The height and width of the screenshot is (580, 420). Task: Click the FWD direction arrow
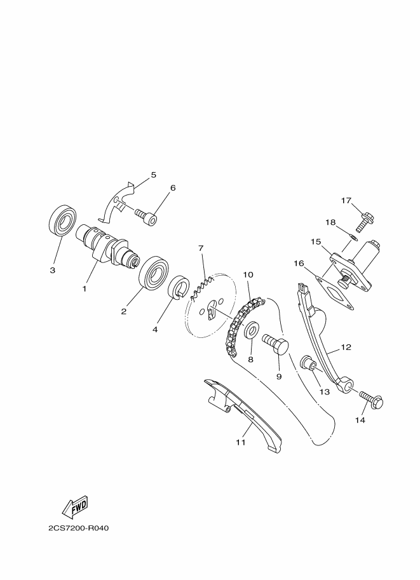tap(76, 506)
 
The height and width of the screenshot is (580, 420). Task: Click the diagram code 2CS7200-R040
tap(78, 528)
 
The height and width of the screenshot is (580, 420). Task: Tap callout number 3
tap(53, 271)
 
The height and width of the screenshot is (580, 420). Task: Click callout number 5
tap(154, 175)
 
